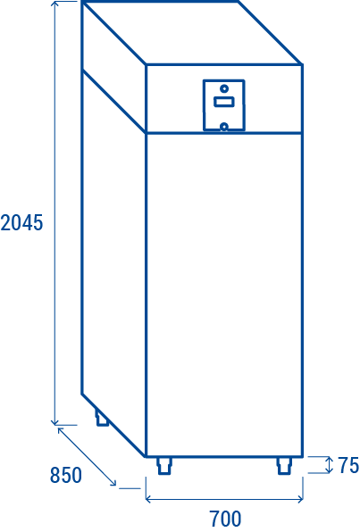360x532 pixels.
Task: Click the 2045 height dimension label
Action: point(21,223)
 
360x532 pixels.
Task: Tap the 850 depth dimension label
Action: point(66,475)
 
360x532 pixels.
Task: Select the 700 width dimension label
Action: point(225,519)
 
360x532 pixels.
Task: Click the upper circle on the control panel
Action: point(224,88)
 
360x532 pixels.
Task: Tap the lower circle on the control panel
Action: point(224,127)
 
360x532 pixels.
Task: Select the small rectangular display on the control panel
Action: point(224,102)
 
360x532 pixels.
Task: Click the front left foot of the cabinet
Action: point(164,466)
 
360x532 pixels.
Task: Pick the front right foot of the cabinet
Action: point(284,466)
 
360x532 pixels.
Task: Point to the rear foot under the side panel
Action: point(102,419)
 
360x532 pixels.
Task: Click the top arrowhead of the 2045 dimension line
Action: point(55,4)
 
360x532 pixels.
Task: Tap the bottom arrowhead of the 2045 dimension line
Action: point(55,421)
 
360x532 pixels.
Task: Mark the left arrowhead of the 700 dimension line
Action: point(148,499)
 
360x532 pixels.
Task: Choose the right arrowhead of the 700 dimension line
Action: point(300,499)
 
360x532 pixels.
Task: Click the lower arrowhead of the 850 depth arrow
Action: point(113,483)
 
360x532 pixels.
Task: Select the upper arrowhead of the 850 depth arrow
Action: point(61,430)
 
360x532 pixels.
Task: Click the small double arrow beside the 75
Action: point(329,465)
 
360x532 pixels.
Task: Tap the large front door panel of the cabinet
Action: point(224,295)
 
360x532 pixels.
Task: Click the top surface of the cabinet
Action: point(192,33)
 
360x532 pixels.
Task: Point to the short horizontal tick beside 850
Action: point(130,488)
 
